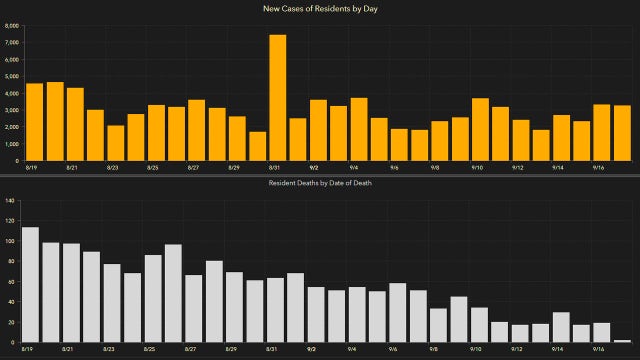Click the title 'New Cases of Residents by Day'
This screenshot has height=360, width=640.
[x=319, y=8]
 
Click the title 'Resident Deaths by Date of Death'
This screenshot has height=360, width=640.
[x=319, y=184]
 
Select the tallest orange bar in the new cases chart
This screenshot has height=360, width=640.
[x=278, y=98]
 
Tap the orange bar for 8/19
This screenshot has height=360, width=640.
[x=34, y=122]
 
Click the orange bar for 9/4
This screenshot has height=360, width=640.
[x=359, y=130]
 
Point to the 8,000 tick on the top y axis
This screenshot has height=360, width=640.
[x=12, y=26]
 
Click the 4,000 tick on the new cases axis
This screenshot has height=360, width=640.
[x=12, y=94]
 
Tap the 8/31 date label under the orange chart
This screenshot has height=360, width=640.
[x=272, y=168]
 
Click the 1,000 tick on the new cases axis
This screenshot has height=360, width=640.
[x=12, y=144]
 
